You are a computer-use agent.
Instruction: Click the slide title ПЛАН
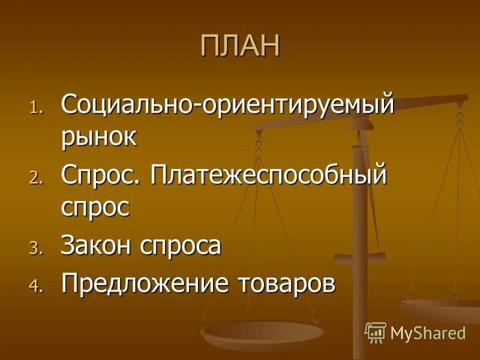click(x=240, y=46)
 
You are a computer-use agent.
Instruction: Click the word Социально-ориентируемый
click(x=228, y=106)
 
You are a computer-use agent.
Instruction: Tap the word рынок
click(x=99, y=137)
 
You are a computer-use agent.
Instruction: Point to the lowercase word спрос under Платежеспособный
click(x=95, y=208)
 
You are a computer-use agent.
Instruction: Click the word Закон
click(x=96, y=245)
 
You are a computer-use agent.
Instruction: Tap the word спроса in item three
click(x=179, y=246)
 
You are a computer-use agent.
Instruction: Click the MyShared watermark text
click(x=427, y=332)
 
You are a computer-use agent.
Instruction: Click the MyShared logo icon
click(x=376, y=332)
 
